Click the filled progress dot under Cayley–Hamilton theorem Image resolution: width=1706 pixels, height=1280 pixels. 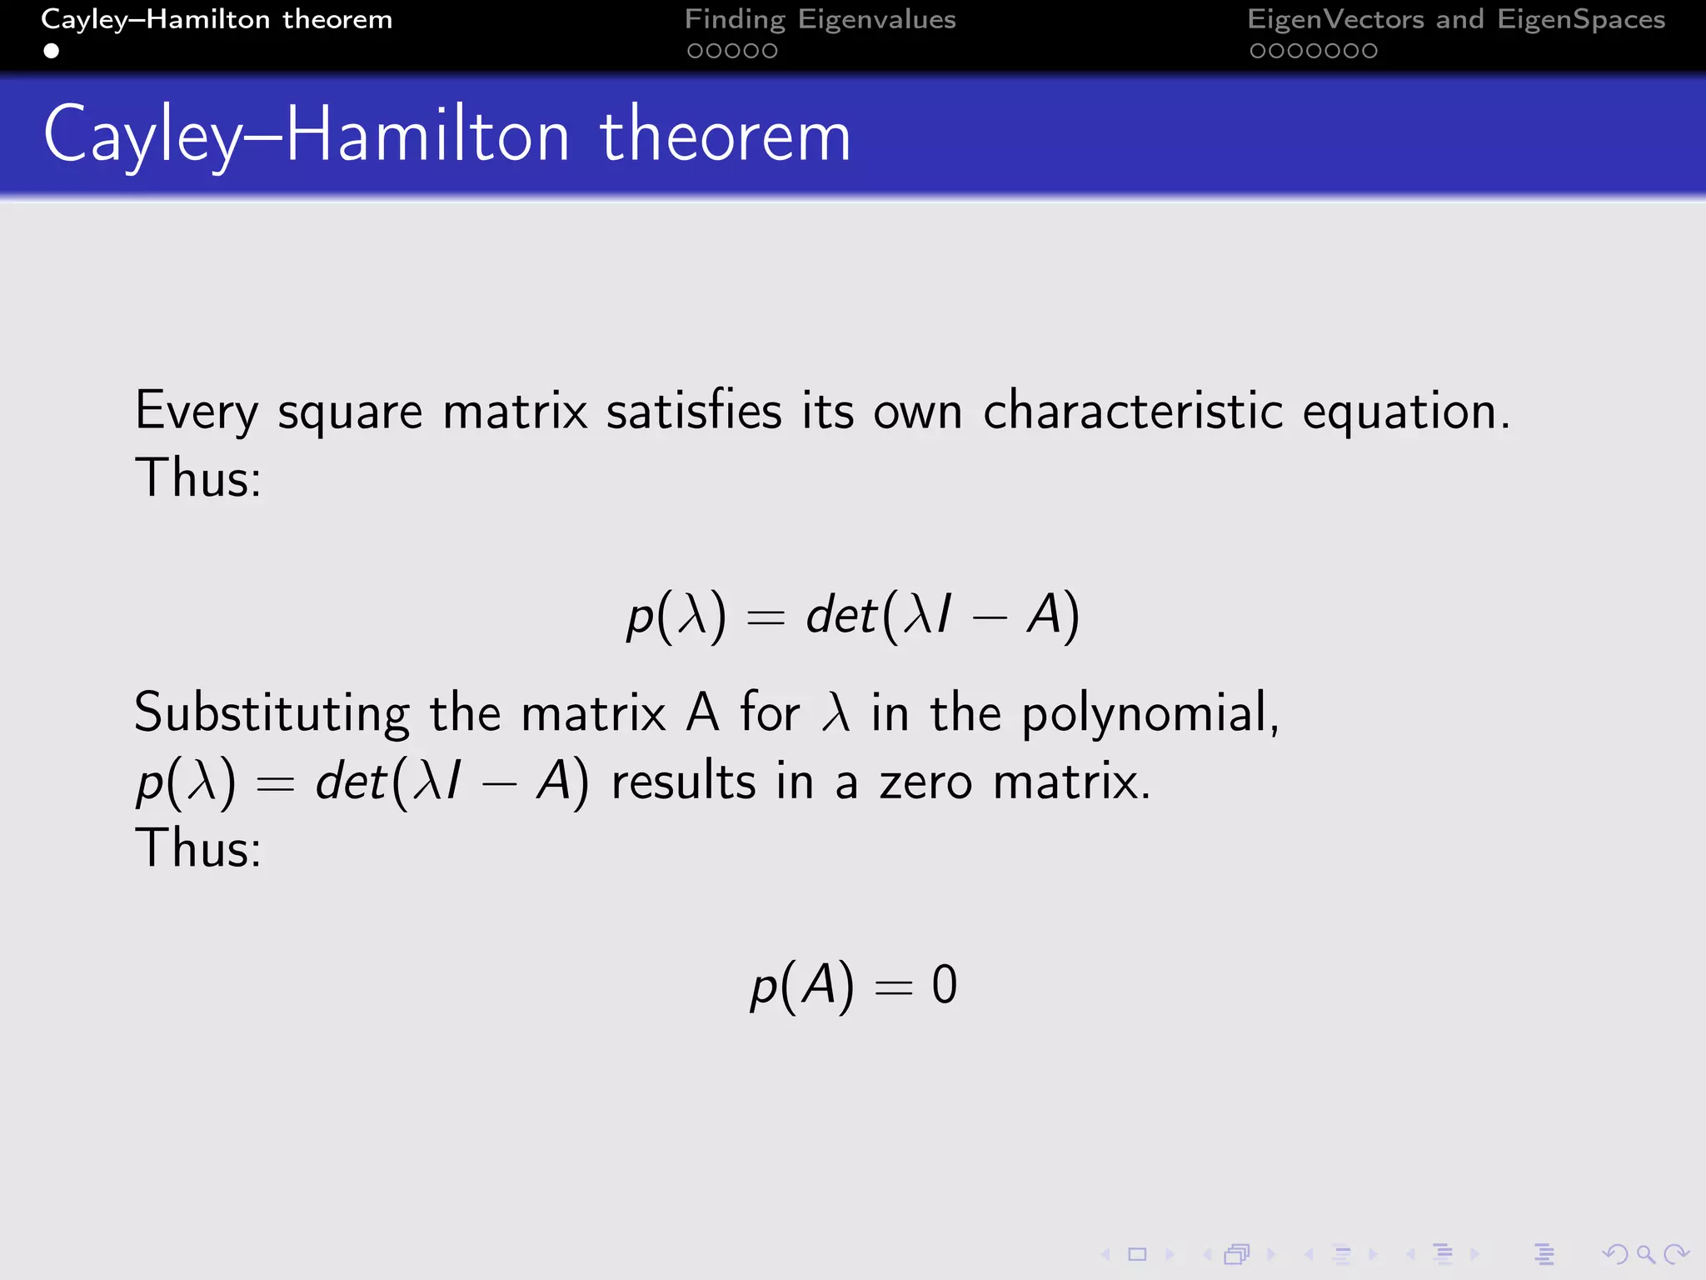[x=52, y=51]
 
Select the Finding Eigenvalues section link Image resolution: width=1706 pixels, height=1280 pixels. [x=820, y=19]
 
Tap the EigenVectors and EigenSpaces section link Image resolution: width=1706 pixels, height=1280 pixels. [x=1455, y=19]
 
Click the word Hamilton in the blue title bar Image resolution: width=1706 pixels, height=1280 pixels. [x=427, y=136]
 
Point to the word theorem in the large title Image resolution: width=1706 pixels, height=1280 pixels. [x=725, y=136]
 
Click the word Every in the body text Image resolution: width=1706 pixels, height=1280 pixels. [x=197, y=412]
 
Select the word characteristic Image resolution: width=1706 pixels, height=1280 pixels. [x=1133, y=412]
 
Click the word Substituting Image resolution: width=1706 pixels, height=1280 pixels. [x=272, y=714]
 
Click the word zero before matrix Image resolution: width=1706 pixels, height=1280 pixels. [x=925, y=782]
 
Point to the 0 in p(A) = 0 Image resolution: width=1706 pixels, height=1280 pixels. [x=944, y=985]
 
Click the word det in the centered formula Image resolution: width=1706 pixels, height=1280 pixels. [x=841, y=616]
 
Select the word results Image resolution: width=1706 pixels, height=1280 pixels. [x=683, y=782]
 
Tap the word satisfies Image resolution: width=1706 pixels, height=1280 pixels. [x=694, y=412]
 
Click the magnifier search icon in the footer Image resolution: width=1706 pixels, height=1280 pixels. [x=1644, y=1254]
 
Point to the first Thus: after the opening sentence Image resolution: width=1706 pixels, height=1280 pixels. [x=198, y=478]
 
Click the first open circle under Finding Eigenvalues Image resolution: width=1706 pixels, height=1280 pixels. [x=694, y=51]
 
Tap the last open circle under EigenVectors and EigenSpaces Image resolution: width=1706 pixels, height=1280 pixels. [x=1369, y=51]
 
